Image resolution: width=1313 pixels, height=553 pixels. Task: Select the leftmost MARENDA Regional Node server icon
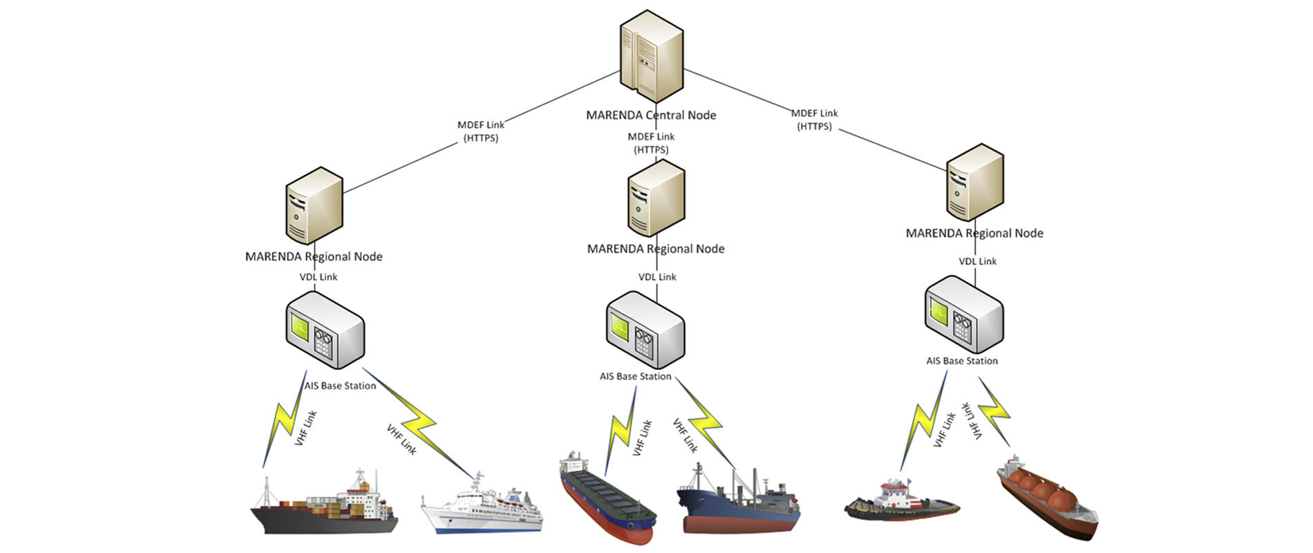[x=314, y=205]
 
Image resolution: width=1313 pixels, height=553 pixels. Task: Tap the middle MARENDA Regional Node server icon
[x=656, y=198]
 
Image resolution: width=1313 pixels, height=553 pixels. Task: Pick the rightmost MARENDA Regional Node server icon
[x=974, y=183]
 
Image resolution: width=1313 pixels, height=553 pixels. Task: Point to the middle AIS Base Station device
[x=645, y=330]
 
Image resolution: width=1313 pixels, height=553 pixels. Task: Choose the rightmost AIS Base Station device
[x=963, y=315]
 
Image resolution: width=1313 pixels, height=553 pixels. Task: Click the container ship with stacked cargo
[x=325, y=508]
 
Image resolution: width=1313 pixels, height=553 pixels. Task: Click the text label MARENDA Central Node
[x=651, y=115]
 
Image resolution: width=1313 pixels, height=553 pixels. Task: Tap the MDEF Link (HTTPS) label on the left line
[x=481, y=131]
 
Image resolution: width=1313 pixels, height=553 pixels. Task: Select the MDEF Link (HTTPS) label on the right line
[x=814, y=120]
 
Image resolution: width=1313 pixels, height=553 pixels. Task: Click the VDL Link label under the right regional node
[x=977, y=261]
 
